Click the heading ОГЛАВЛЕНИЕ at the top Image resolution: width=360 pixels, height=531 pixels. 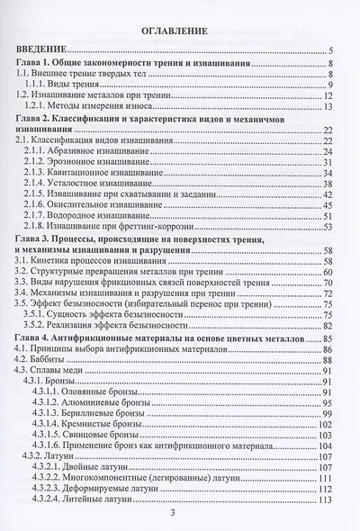click(179, 34)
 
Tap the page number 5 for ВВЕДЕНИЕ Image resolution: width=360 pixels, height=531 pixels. click(332, 51)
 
